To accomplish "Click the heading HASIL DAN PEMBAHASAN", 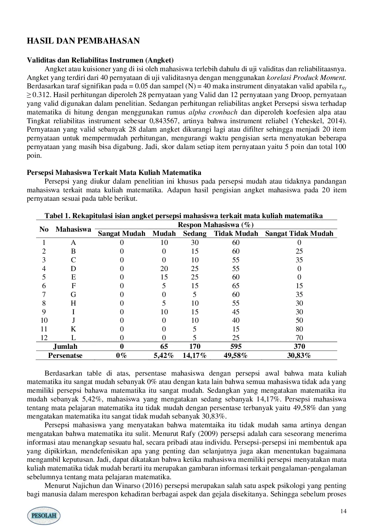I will click(x=83, y=41).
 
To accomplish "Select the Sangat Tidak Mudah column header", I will click(x=299, y=233).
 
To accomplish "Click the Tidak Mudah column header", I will click(x=236, y=233).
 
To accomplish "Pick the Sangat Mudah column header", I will click(x=122, y=233).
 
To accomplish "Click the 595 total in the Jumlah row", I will click(x=236, y=346).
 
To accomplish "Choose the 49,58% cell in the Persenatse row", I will click(x=236, y=355).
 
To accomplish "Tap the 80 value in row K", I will click(x=299, y=329).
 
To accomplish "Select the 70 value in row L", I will click(x=299, y=338).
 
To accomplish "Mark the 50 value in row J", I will click(x=299, y=320).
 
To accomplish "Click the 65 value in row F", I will click(x=236, y=286).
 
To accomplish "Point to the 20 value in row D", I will click(x=164, y=269).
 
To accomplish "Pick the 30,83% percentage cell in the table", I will click(x=299, y=355).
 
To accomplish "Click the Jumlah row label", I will click(x=65, y=346).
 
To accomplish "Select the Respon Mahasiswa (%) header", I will click(x=216, y=225).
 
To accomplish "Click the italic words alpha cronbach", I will click(x=213, y=112).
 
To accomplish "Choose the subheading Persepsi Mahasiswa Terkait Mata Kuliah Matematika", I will click(x=114, y=173).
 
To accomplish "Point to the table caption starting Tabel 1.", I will click(x=183, y=216).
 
